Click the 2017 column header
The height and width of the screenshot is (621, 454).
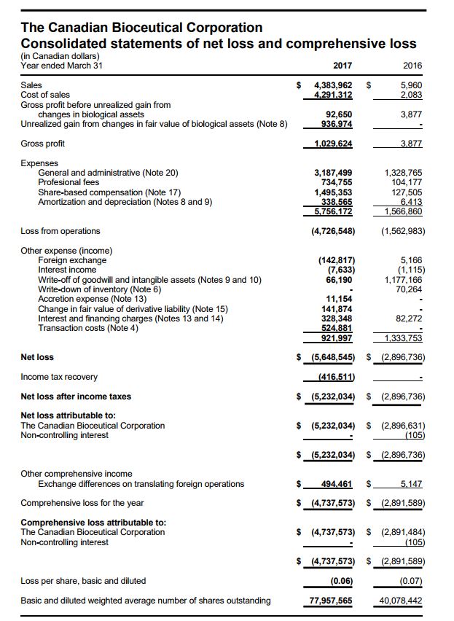343,66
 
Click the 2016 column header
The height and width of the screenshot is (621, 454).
412,66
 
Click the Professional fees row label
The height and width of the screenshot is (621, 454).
69,182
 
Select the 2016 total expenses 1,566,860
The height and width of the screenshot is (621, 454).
402,211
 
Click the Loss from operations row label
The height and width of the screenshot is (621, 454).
60,231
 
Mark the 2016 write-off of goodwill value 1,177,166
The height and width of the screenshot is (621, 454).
402,279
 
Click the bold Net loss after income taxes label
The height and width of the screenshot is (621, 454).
76,397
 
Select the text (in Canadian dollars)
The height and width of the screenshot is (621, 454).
60,56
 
